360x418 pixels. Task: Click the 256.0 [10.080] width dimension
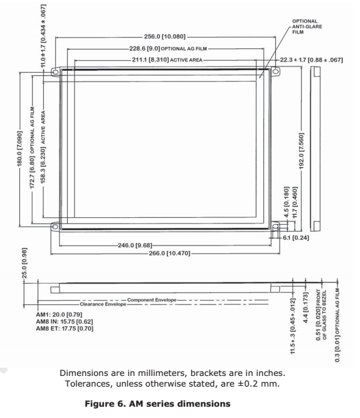tap(165, 36)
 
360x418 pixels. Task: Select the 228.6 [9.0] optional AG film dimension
tap(168, 48)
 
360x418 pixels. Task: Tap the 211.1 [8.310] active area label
tap(167, 60)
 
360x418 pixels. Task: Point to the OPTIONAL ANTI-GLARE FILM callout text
tap(307, 26)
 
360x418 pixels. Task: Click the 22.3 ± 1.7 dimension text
tap(311, 60)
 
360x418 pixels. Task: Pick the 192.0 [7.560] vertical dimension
tap(302, 151)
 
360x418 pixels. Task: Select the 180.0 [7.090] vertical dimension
tap(19, 149)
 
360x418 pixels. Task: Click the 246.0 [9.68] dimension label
tap(135, 245)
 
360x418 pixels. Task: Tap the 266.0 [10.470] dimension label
tap(169, 253)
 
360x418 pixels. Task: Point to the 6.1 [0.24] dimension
tap(296, 237)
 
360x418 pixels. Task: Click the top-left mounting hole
tap(55, 72)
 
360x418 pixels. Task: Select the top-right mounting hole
tap(275, 72)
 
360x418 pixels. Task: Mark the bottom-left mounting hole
tap(55, 227)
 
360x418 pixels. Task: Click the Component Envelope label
tap(152, 300)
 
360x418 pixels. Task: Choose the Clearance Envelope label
tap(103, 304)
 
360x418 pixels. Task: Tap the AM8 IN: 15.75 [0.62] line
tap(65, 321)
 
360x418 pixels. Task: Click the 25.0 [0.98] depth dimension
tap(24, 263)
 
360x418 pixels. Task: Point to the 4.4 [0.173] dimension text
tap(305, 308)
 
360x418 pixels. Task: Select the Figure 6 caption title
tap(157, 404)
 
